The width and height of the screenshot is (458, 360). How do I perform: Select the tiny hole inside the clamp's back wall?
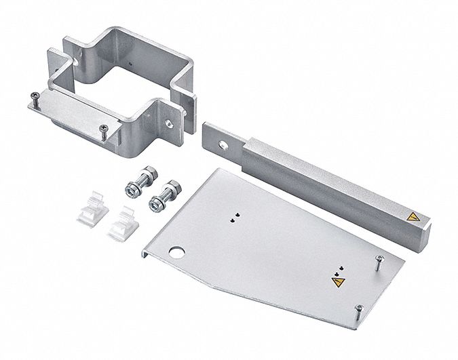click(126, 64)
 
